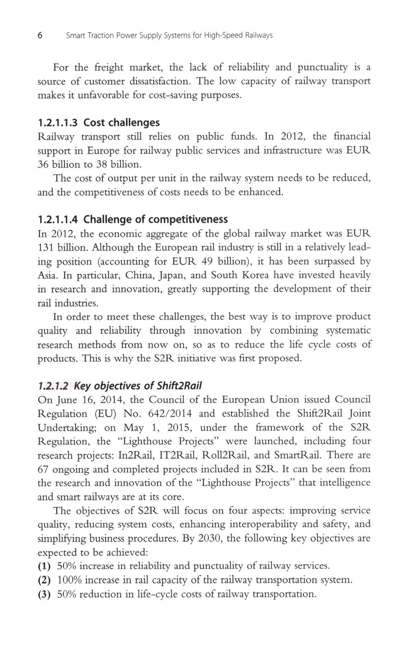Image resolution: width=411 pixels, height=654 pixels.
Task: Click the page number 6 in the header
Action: pyautogui.click(x=40, y=35)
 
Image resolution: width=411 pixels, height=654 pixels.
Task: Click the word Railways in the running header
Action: pyautogui.click(x=259, y=35)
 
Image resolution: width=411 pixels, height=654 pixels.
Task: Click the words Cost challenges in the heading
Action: pyautogui.click(x=122, y=123)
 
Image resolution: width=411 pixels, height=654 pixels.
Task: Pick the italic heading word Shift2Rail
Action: pyautogui.click(x=179, y=386)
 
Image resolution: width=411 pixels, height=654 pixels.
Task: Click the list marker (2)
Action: pyautogui.click(x=44, y=580)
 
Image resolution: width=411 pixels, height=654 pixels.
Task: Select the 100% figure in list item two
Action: pyautogui.click(x=70, y=580)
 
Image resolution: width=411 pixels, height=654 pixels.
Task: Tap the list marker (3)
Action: pyautogui.click(x=44, y=594)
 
